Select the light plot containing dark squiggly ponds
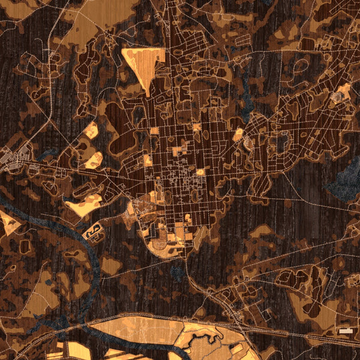[93, 231]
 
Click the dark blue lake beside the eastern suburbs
[345, 180]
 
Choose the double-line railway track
[180, 317]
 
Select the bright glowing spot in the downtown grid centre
[200, 172]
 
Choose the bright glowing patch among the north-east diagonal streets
[238, 133]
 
